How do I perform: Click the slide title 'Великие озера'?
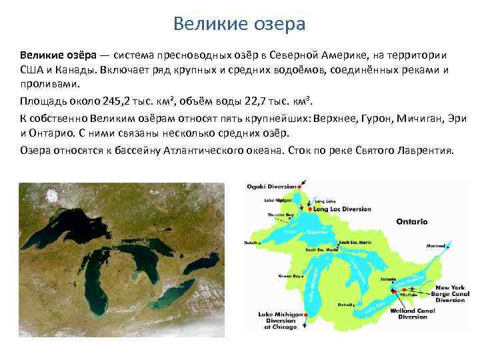239,24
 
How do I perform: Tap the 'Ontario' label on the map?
411,221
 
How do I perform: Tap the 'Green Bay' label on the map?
287,275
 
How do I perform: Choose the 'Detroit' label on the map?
345,305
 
